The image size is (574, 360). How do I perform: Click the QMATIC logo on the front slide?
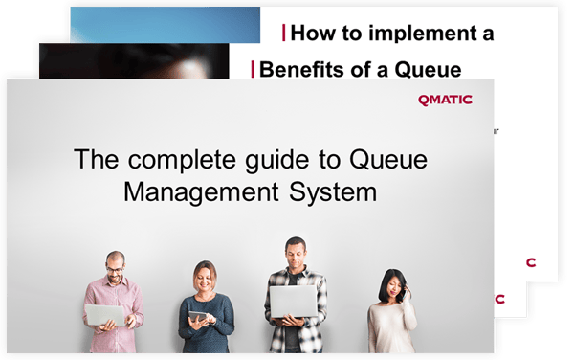446,100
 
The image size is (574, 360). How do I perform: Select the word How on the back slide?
310,34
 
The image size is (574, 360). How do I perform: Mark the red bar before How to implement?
283,34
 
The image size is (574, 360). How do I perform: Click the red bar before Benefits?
253,68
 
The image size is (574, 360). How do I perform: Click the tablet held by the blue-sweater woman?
198,315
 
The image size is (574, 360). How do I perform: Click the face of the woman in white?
390,284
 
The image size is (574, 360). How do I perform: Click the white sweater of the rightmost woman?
390,326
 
